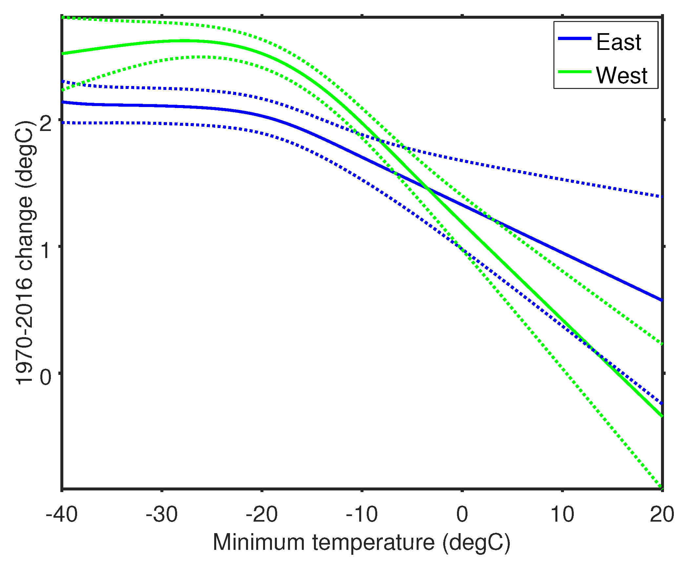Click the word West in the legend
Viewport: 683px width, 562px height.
(621, 75)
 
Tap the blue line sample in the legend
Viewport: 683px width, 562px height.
(574, 39)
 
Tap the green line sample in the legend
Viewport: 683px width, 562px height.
(574, 72)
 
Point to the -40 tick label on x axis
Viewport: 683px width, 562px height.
(61, 514)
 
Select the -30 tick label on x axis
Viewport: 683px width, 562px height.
(161, 514)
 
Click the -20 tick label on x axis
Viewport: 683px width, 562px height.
(261, 514)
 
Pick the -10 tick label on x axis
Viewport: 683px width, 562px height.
(362, 514)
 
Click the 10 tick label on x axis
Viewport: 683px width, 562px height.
(562, 514)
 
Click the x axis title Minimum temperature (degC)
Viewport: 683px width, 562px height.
(362, 542)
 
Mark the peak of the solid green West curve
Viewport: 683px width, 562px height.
(184, 41)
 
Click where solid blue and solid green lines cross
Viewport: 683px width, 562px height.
(427, 188)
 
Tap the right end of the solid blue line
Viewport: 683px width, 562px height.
(661, 300)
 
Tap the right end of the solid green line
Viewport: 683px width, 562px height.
(661, 416)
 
